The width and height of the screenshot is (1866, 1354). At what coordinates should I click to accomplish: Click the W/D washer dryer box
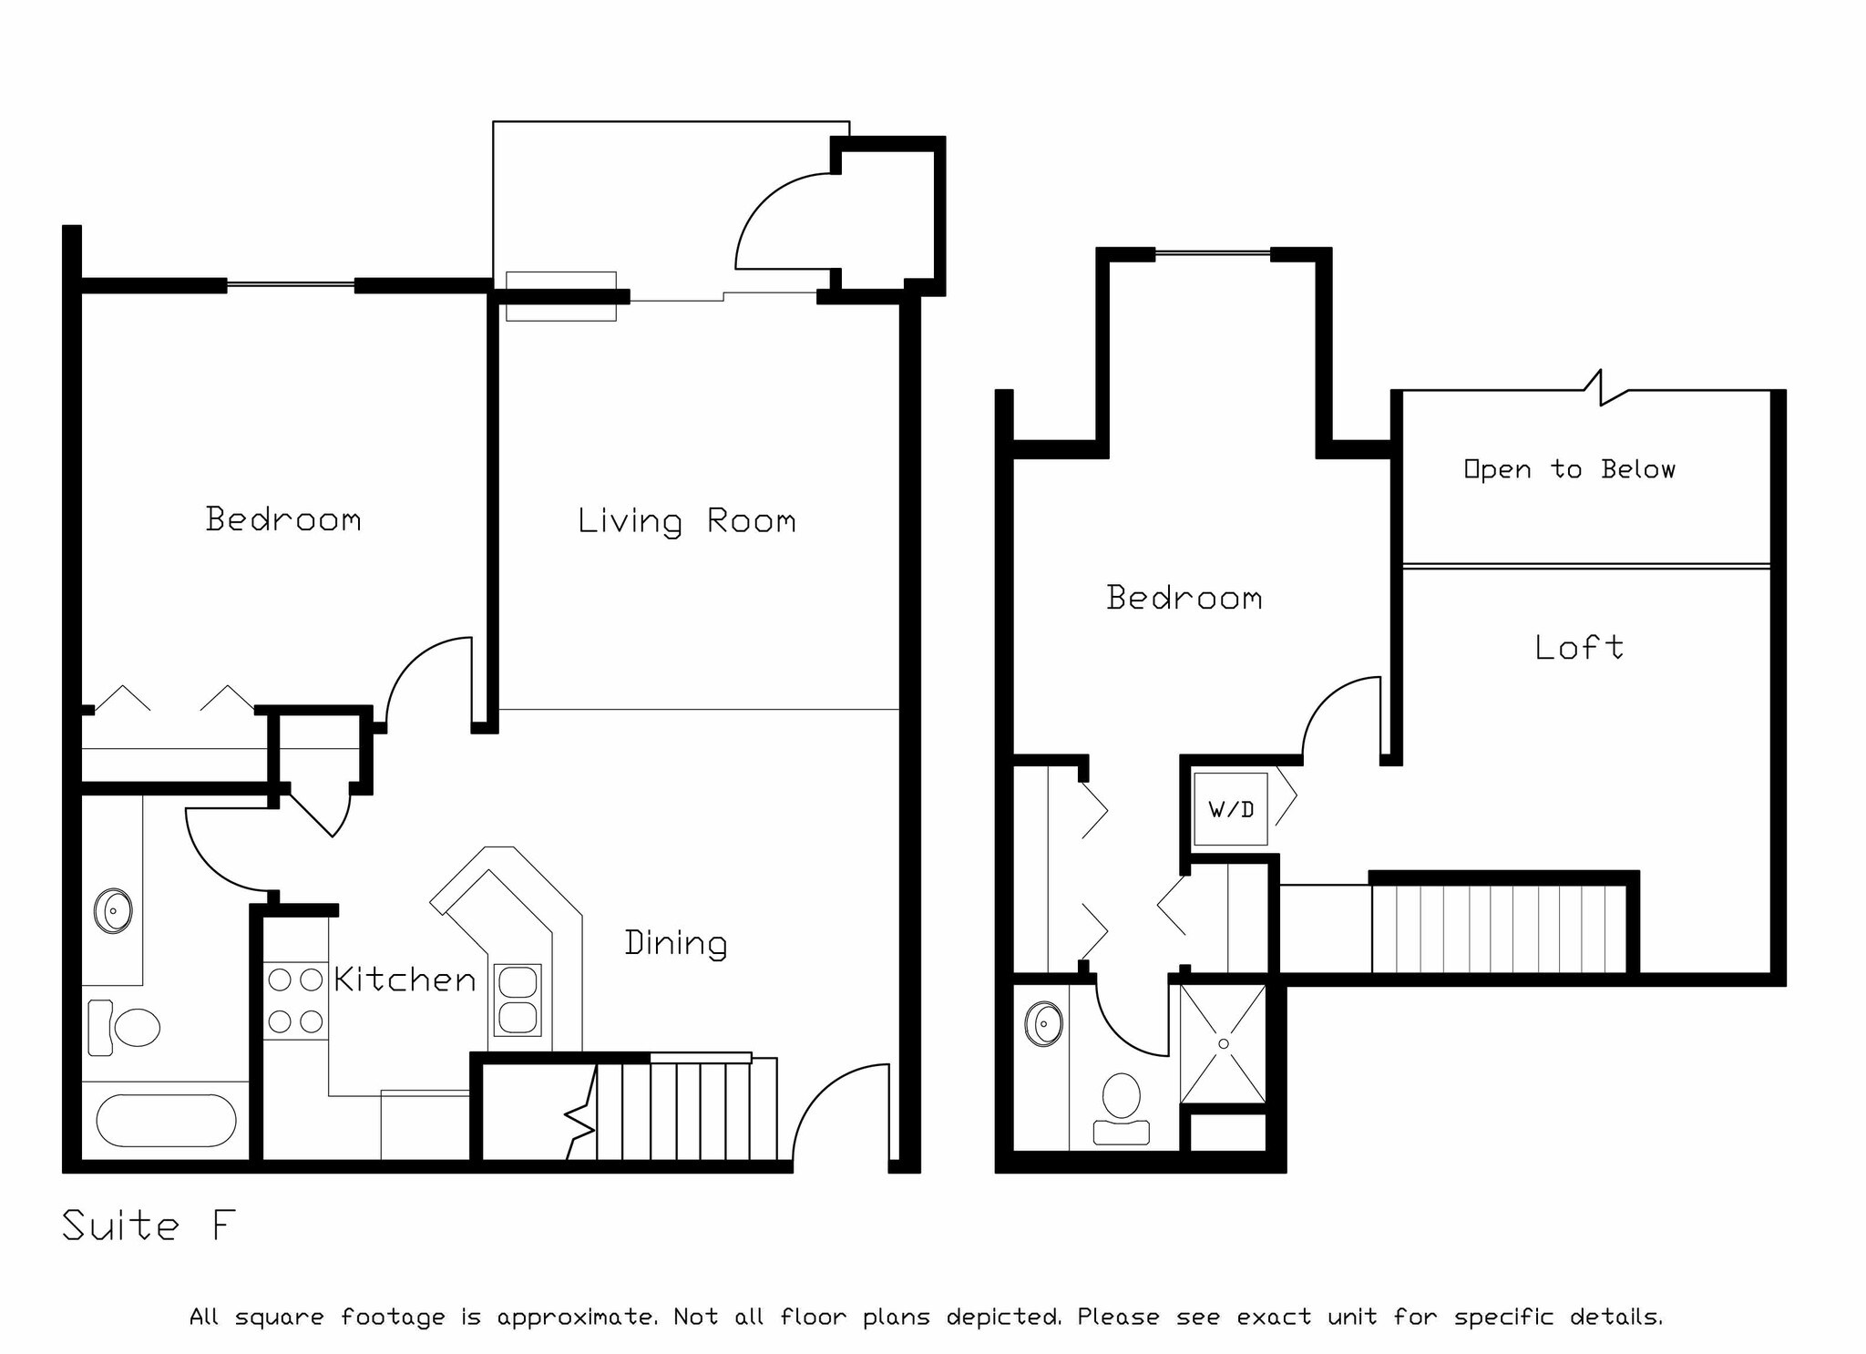coord(1231,808)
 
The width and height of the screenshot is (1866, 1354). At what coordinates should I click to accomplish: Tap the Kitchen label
coord(405,980)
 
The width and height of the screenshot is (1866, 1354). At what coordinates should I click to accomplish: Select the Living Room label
coord(687,521)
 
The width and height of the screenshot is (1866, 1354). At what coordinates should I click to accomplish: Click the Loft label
coord(1578,648)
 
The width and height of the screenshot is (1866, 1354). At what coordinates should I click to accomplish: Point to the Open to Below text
coord(1569,469)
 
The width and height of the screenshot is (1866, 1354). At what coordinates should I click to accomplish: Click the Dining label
coord(675,943)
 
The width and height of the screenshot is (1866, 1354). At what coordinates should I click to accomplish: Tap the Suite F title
coord(149,1226)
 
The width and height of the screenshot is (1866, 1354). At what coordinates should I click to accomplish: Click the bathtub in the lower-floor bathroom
coord(166,1120)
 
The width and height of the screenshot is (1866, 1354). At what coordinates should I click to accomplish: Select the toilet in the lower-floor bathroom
coord(126,1028)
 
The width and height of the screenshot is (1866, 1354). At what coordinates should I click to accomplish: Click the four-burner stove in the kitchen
coord(295,1000)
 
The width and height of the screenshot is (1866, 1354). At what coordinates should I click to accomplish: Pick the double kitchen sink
coord(518,1000)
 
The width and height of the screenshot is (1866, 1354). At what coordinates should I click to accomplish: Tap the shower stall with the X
coord(1223,1043)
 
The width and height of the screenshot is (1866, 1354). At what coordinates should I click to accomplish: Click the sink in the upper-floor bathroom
coord(1043,1024)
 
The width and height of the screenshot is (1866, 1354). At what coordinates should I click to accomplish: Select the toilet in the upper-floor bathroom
coord(1122,1107)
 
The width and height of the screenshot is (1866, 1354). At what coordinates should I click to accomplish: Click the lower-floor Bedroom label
coord(283,519)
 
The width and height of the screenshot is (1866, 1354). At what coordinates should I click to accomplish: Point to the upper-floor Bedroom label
coord(1184,598)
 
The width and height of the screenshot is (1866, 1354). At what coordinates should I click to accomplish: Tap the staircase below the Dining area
coord(688,1112)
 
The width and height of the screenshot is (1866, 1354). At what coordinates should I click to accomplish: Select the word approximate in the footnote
coord(575,1318)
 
